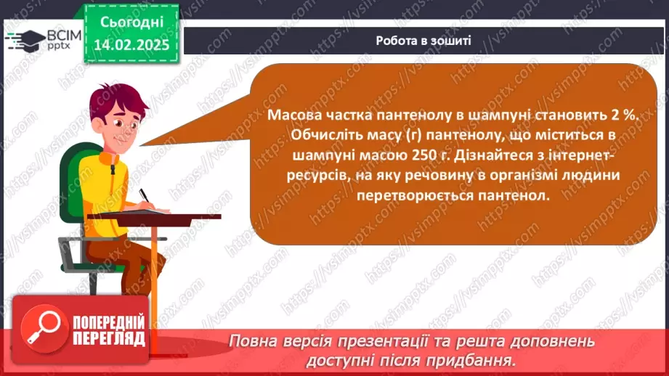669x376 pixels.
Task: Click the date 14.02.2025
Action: point(131,45)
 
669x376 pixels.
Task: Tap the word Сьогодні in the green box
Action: point(131,23)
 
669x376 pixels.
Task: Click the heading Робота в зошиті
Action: point(423,41)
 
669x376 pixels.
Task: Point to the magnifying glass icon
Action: point(44,328)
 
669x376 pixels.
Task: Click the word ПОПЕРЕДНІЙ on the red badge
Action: point(109,322)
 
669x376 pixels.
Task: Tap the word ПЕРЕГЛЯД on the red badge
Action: point(109,339)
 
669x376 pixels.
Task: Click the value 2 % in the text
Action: point(625,115)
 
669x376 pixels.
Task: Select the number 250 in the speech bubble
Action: point(424,155)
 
